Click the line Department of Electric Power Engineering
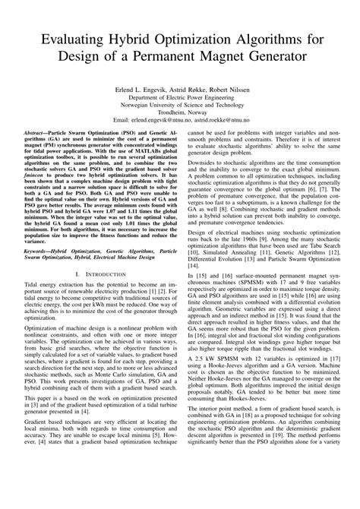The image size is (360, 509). point(180,99)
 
